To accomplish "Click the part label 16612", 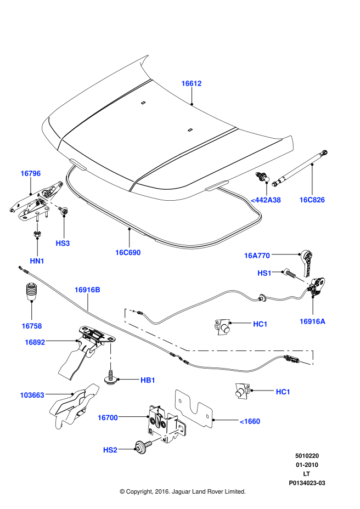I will [x=192, y=83].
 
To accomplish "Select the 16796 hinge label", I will [x=31, y=173].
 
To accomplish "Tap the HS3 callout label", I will [x=63, y=242].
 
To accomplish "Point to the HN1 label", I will [x=37, y=261].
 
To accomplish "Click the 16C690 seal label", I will [x=128, y=253].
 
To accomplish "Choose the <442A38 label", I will [x=266, y=200].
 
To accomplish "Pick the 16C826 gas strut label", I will [x=312, y=200].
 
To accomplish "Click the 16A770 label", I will [x=257, y=255].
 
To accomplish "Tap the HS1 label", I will [x=265, y=273].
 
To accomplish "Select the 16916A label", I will [x=312, y=321].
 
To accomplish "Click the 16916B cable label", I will [x=88, y=289].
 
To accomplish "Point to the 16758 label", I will [x=32, y=326].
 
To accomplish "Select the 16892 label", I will [x=35, y=342].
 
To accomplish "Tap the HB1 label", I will [x=148, y=380].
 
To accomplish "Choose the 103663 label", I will [x=32, y=394].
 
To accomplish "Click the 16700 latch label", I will [x=108, y=417].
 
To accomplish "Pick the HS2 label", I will [x=110, y=450].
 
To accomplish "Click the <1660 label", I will [x=250, y=421].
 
